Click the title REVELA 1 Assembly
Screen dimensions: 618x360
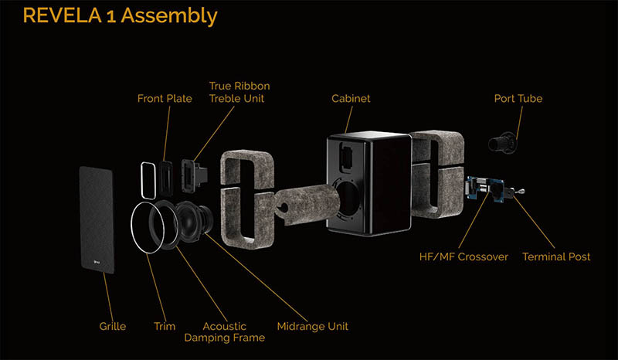[x=121, y=16]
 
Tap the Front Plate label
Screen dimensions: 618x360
[x=165, y=99]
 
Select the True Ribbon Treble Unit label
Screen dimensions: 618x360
[x=239, y=92]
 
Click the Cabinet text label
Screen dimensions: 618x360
[x=351, y=99]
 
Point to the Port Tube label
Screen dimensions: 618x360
[x=518, y=99]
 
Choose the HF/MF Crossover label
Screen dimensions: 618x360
[x=464, y=256]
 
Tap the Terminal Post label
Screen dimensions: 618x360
[x=556, y=256]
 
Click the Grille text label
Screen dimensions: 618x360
[x=113, y=327]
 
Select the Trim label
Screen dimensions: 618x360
[x=165, y=327]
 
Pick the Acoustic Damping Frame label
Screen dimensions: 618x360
[x=225, y=332]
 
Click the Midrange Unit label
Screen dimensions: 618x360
[x=313, y=327]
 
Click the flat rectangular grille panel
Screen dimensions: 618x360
[x=97, y=219]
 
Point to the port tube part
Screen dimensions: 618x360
[x=502, y=143]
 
